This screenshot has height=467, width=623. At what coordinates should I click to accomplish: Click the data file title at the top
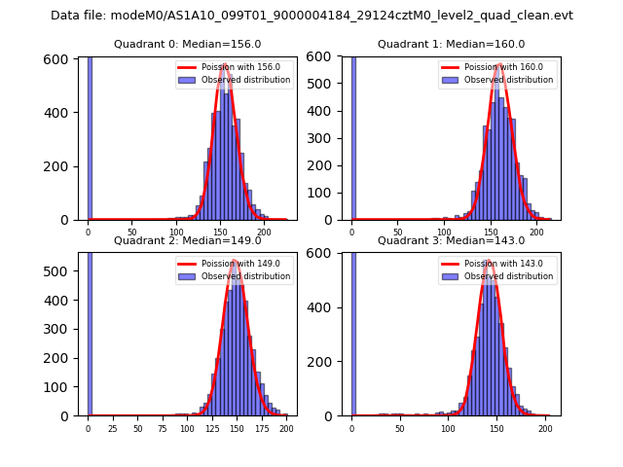(x=311, y=16)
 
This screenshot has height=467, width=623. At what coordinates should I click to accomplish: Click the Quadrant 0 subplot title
(x=188, y=44)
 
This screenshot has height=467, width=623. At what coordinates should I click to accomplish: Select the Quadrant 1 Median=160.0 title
(x=452, y=44)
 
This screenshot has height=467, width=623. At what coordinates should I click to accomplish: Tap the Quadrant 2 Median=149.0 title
(x=188, y=240)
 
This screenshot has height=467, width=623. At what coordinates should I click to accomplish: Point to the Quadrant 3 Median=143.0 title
(x=452, y=240)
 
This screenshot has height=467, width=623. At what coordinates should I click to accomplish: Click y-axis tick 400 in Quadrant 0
(x=64, y=113)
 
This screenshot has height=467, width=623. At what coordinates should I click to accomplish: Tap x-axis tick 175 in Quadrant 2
(x=262, y=428)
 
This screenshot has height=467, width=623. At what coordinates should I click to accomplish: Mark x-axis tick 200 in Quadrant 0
(x=264, y=232)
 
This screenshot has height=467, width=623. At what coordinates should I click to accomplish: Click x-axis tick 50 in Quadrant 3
(x=399, y=428)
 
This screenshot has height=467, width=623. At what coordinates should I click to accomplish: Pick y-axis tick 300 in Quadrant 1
(x=328, y=139)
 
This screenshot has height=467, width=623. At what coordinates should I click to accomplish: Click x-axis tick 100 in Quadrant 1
(x=444, y=232)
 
